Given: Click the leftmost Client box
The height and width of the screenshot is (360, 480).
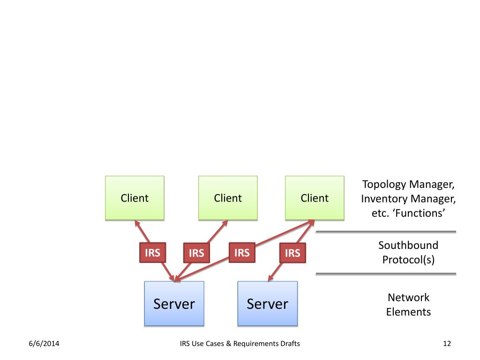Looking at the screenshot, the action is click(135, 198).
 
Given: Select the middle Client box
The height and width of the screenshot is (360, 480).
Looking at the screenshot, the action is click(228, 198).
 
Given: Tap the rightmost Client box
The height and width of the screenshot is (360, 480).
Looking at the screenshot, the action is click(315, 198).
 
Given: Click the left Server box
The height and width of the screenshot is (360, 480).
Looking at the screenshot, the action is click(174, 304).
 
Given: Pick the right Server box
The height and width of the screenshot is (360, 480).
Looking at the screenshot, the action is click(268, 304).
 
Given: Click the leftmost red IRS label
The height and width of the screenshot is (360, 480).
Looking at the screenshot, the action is click(152, 253).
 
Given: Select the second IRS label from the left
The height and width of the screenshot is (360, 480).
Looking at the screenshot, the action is click(196, 253).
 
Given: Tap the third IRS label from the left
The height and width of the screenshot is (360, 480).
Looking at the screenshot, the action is click(242, 253).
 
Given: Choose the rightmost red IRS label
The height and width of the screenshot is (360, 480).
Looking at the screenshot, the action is click(292, 253).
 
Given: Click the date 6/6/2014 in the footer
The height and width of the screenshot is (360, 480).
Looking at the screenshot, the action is click(44, 344).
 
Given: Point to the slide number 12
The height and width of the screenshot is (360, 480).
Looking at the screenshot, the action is click(447, 344).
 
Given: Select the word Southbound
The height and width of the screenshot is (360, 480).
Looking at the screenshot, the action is click(408, 245).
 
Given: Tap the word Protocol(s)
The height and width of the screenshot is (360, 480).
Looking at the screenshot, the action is click(408, 260).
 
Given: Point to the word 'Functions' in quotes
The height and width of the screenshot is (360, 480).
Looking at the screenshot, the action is click(420, 213).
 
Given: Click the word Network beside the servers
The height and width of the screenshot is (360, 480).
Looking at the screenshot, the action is click(408, 297).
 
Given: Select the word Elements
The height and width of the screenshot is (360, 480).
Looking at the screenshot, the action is click(408, 312).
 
